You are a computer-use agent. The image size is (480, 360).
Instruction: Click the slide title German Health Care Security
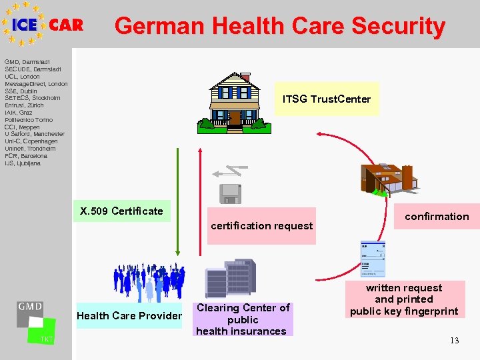click(x=279, y=26)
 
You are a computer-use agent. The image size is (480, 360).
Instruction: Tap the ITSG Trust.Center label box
click(x=327, y=99)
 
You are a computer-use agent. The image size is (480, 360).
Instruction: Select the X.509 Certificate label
click(x=121, y=211)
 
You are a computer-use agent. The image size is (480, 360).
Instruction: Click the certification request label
click(x=261, y=226)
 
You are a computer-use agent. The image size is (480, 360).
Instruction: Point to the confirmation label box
click(x=437, y=217)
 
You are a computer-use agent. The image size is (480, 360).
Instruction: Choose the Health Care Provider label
click(x=129, y=315)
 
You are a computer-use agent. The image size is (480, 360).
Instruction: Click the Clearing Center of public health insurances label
click(x=243, y=319)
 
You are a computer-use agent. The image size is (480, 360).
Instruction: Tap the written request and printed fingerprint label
click(x=404, y=299)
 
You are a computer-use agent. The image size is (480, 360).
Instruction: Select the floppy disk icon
click(x=230, y=193)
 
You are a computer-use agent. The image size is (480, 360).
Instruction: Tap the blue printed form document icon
click(x=372, y=259)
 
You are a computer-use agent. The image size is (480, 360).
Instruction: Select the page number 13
click(x=454, y=341)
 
